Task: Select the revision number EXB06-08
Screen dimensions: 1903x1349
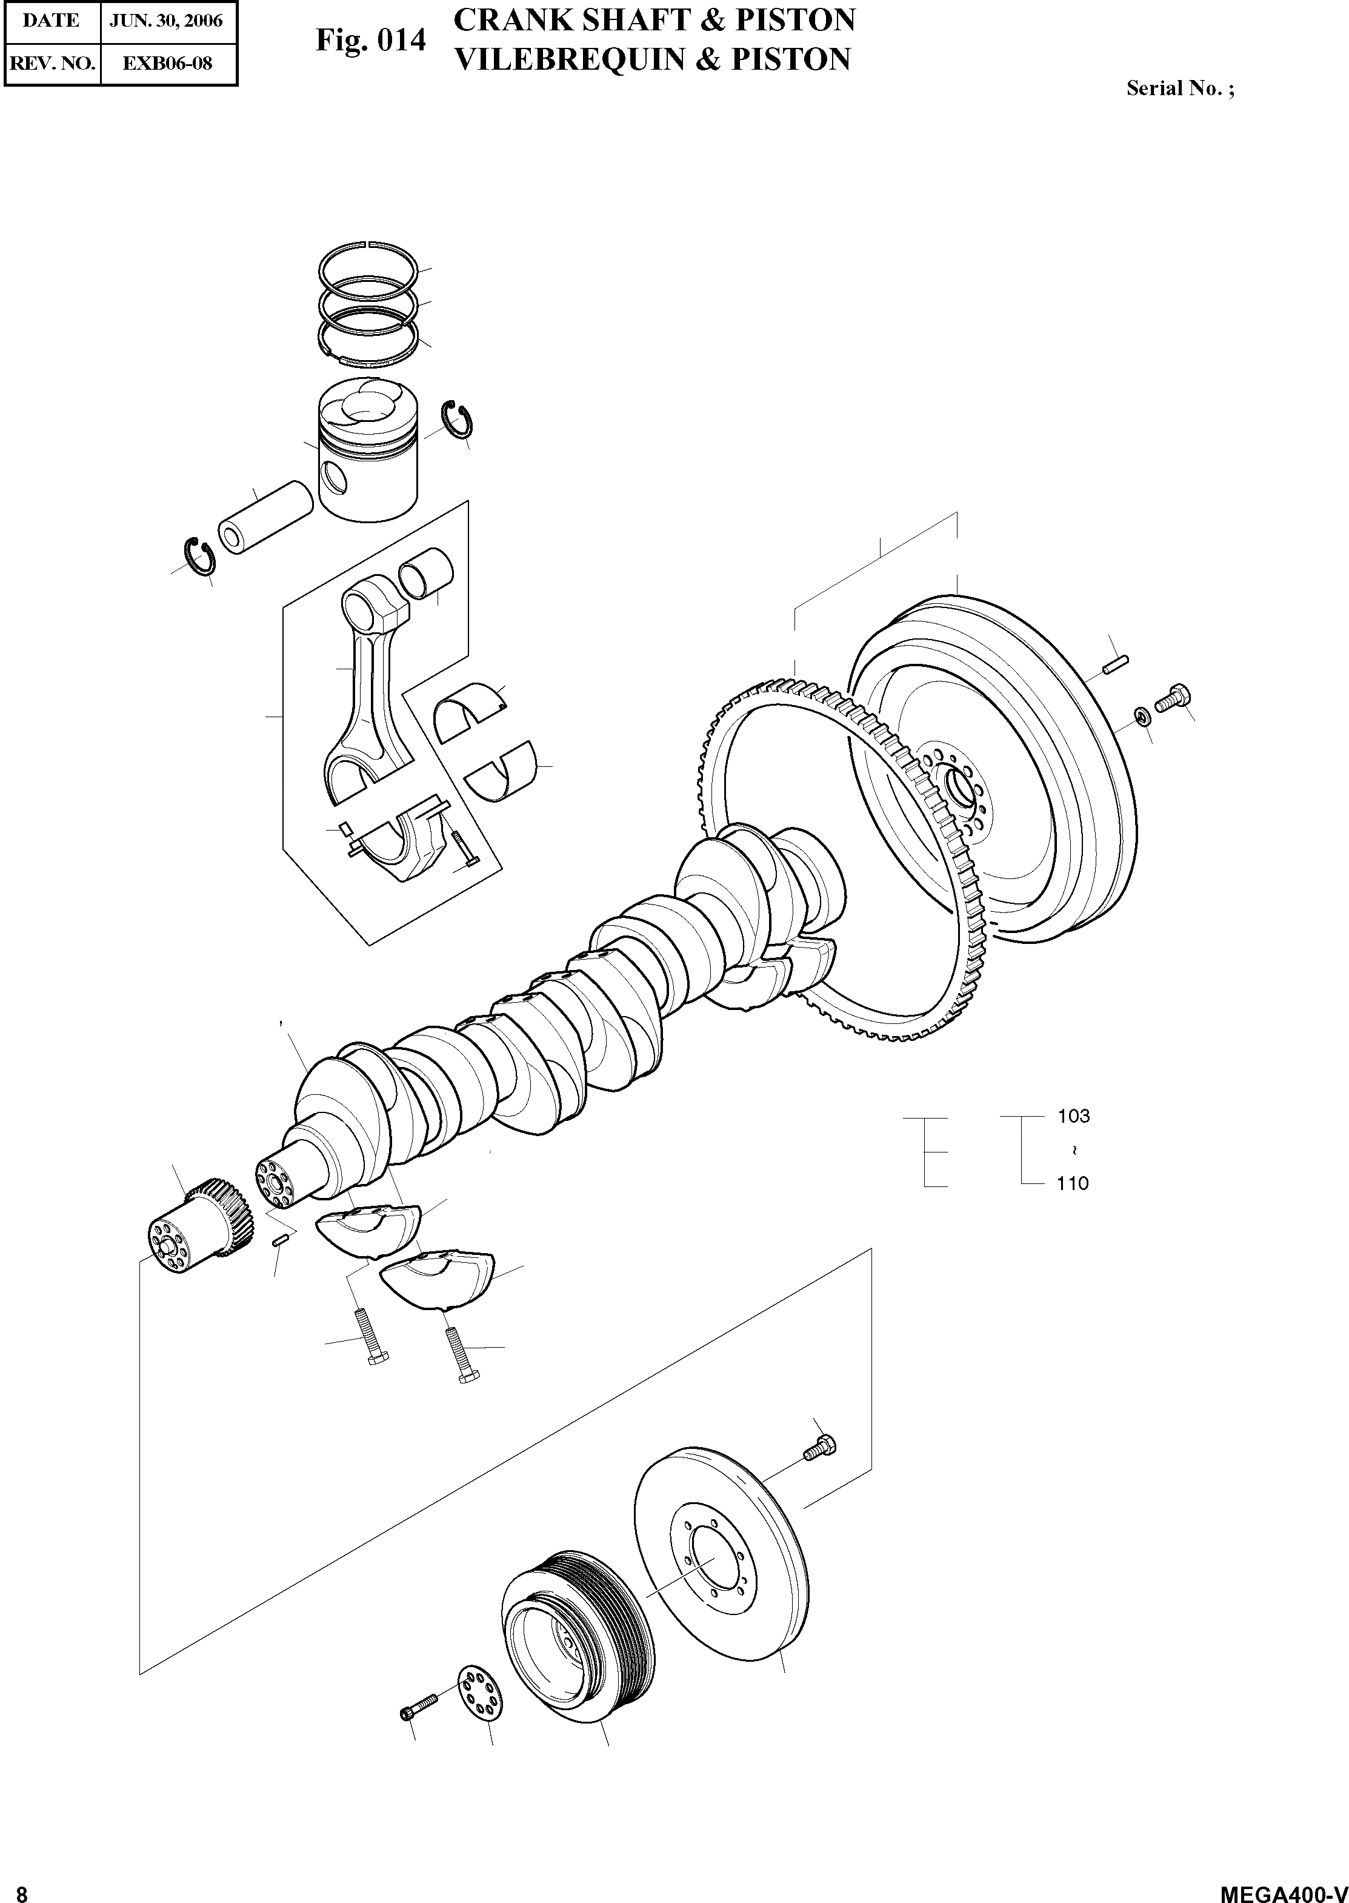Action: [x=168, y=63]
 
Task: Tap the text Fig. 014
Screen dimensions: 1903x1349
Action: [x=370, y=41]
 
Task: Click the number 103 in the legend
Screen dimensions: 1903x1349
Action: [x=1073, y=1116]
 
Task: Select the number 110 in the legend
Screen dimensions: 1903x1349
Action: [x=1073, y=1183]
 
